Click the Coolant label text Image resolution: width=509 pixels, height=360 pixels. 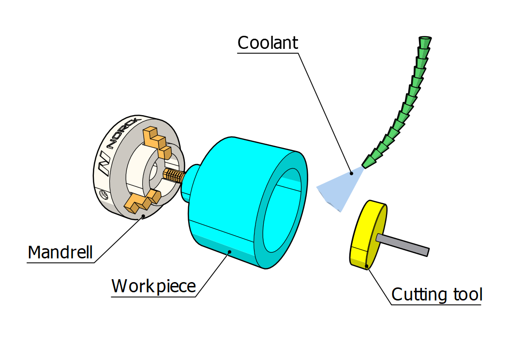point(268,43)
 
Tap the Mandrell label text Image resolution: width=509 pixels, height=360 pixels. point(60,253)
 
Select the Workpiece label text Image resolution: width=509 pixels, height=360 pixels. point(153,286)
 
